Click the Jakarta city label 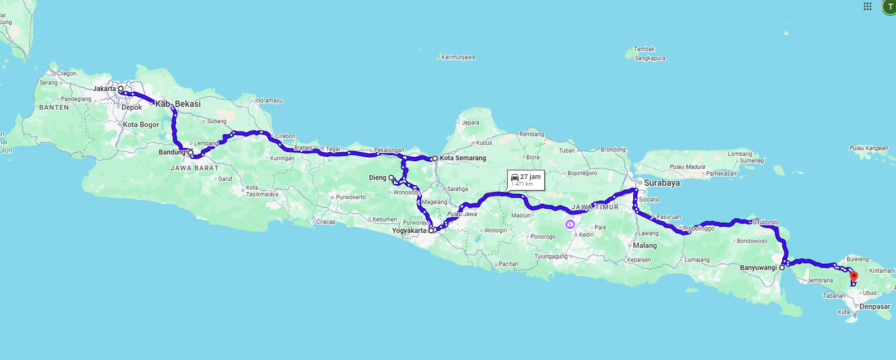point(104,88)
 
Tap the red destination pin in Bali point(853,275)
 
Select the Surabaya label point(661,183)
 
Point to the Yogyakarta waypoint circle point(431,230)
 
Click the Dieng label point(377,177)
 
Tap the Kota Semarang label point(463,158)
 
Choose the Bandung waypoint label point(171,152)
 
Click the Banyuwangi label point(758,268)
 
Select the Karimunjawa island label point(458,57)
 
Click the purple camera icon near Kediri point(570,225)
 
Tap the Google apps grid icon point(867,7)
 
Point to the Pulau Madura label point(687,167)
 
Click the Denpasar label point(875,306)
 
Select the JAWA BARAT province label point(195,168)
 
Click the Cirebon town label point(285,136)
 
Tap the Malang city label point(645,245)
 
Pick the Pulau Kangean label point(868,148)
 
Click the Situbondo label point(766,222)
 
